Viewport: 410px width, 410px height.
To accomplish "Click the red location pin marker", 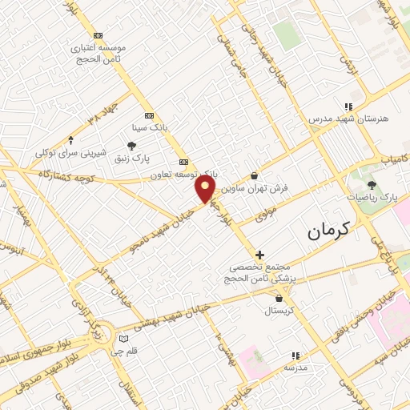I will [x=206, y=188].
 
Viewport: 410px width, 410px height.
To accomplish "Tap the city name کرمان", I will [x=328, y=232].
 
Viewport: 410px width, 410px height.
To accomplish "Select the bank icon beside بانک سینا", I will [x=148, y=115].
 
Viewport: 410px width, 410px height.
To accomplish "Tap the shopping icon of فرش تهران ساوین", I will [x=254, y=176].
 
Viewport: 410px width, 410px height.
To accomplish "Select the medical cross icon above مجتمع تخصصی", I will [x=259, y=255].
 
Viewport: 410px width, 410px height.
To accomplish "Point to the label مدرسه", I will [x=295, y=368].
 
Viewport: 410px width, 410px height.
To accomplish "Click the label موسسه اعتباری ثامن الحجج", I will [x=98, y=53].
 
